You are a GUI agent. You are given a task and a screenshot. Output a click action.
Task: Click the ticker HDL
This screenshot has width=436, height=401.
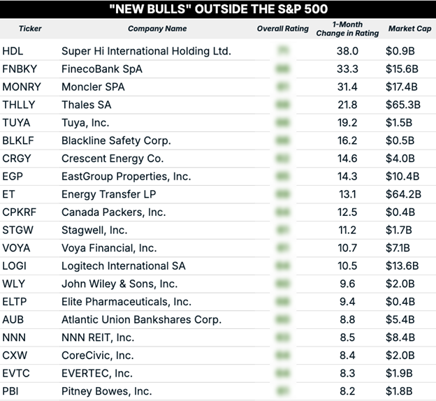click(x=13, y=51)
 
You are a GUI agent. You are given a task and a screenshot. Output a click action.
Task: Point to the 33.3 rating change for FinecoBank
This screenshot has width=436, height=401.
click(x=347, y=69)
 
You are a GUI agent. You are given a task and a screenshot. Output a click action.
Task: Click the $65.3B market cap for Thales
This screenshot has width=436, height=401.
click(x=402, y=105)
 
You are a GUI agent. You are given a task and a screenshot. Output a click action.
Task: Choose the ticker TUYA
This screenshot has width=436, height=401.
click(x=16, y=122)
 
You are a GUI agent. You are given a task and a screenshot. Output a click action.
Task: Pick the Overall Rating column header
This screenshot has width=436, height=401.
click(x=282, y=29)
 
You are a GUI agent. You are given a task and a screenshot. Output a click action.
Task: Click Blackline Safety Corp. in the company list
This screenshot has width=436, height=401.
click(x=116, y=140)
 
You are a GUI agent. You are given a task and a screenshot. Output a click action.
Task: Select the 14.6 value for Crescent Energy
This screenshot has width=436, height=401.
click(x=347, y=158)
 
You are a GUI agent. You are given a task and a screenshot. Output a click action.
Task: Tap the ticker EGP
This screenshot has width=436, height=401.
click(x=13, y=176)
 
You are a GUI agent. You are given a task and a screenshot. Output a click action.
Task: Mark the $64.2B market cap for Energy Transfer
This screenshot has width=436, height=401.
click(x=402, y=194)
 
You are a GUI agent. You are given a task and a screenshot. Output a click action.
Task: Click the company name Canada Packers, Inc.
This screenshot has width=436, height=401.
click(x=113, y=212)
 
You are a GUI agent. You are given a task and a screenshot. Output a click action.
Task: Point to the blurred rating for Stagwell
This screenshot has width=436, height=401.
click(x=283, y=230)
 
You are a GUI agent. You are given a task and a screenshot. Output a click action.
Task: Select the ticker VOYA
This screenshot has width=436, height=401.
click(x=17, y=247)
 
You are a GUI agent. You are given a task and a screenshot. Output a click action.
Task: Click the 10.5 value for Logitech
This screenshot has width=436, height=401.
click(x=347, y=265)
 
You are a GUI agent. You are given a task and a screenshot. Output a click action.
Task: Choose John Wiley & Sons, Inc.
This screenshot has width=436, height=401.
click(x=119, y=284)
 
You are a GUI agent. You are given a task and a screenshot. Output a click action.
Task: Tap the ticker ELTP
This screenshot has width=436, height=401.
click(x=15, y=301)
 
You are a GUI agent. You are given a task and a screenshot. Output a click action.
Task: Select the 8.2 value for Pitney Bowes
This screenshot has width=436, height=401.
click(x=347, y=391)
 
